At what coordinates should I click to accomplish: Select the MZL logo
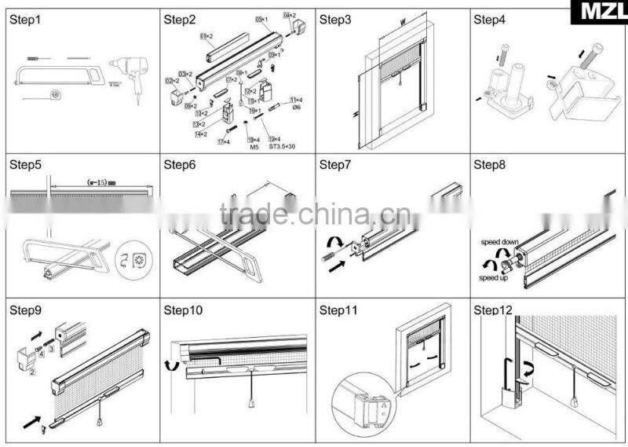coord(601,13)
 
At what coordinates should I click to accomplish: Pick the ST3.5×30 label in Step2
coord(283,147)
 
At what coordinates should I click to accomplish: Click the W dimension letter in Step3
coord(401,24)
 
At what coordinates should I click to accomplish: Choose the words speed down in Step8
coord(499,243)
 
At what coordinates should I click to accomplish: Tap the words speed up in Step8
coord(493,277)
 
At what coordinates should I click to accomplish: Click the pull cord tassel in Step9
coord(100,421)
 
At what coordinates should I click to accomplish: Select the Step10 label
coord(182,311)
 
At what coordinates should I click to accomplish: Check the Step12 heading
coord(492,311)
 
